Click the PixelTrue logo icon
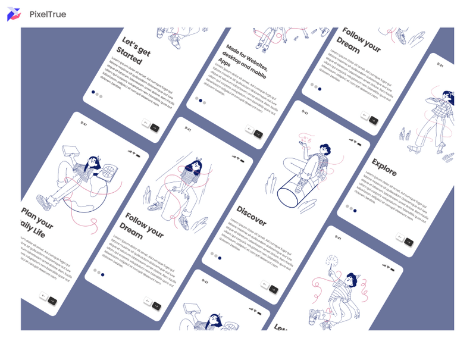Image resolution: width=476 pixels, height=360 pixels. point(14,14)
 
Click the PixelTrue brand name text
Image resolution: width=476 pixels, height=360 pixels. point(48,14)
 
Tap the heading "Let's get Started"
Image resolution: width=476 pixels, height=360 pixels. point(133,51)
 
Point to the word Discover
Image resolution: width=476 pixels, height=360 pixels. point(251,215)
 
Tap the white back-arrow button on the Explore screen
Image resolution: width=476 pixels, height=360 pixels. point(400,238)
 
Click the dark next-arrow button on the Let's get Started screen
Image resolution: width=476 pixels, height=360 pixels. point(155,127)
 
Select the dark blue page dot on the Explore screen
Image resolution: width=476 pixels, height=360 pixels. point(355,211)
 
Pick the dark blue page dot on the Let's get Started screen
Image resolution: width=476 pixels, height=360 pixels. point(93,92)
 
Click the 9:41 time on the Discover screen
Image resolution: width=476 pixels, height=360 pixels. point(305,112)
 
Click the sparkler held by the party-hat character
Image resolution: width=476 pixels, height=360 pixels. point(330,261)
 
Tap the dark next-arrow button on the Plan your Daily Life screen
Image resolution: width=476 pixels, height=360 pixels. point(52,301)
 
